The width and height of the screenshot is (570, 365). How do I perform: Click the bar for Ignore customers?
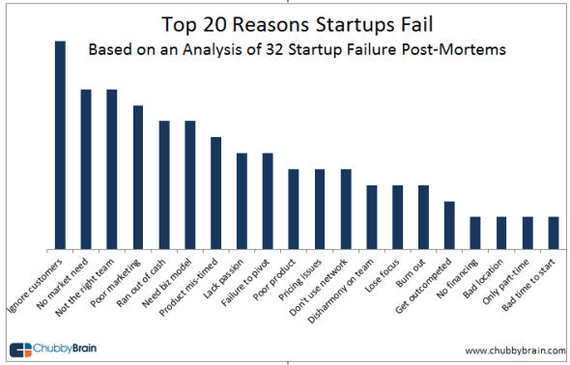60,145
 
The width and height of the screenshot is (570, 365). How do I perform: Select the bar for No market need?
86,169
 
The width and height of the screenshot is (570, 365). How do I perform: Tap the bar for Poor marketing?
138,177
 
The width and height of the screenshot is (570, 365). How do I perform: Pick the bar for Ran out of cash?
164,184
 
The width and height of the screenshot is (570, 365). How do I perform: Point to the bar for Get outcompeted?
449,225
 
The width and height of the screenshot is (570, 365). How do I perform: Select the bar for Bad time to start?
554,233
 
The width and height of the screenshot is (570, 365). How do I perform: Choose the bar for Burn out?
423,216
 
